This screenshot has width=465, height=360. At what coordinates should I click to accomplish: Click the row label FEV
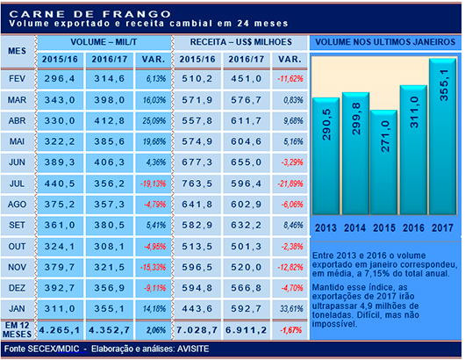tap(17, 78)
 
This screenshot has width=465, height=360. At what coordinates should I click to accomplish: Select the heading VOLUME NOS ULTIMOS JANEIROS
tap(384, 42)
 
